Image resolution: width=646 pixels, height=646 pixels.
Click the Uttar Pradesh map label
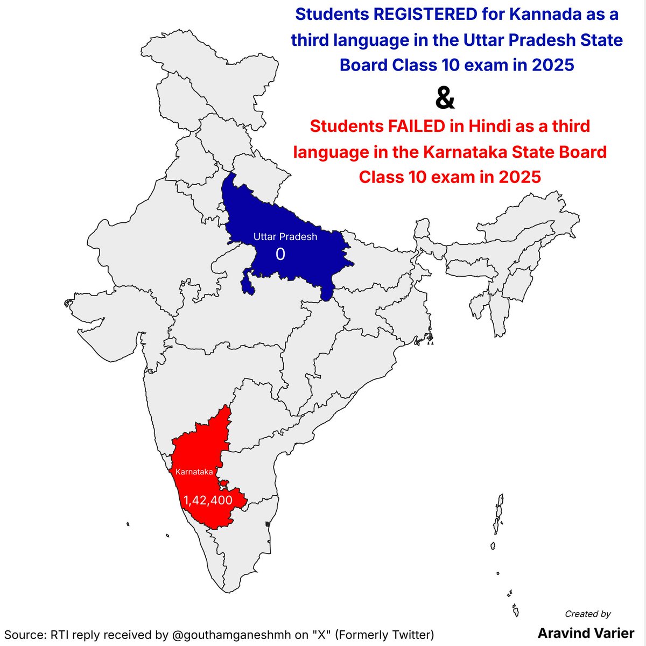[285, 237]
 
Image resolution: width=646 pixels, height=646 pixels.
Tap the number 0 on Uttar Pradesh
[280, 254]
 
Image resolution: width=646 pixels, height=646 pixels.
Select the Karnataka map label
[194, 472]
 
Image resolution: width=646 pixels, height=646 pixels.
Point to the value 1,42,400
[208, 501]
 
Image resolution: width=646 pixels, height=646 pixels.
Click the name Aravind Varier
[586, 633]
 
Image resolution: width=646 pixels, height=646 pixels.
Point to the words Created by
[588, 614]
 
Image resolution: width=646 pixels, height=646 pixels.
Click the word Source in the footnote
[24, 634]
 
